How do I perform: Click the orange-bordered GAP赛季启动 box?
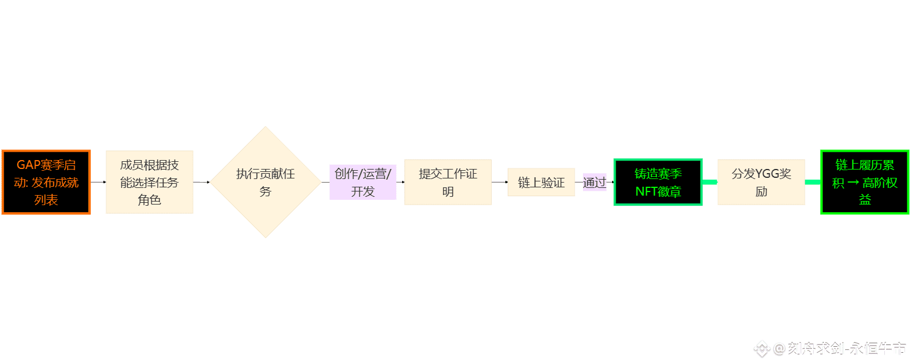click(x=46, y=182)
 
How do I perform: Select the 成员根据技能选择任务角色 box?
click(x=149, y=182)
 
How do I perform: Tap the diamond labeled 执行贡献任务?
click(x=266, y=182)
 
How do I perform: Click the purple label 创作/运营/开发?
click(x=362, y=182)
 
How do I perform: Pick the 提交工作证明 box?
click(x=448, y=182)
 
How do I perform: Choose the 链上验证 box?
click(x=541, y=182)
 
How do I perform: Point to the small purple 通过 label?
click(x=594, y=182)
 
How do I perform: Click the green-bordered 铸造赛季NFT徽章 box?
click(x=658, y=182)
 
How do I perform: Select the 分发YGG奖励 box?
click(x=761, y=182)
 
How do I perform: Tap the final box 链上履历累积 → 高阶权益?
click(x=865, y=182)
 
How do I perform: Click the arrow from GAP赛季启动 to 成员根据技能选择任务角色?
click(x=98, y=182)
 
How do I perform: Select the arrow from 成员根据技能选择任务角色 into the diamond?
click(x=202, y=182)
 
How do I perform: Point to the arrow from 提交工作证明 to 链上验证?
click(x=499, y=182)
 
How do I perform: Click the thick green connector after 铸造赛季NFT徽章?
click(x=710, y=182)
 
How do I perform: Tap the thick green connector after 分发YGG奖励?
click(x=813, y=182)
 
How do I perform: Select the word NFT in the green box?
click(x=646, y=191)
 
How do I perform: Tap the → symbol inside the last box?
click(x=853, y=183)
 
